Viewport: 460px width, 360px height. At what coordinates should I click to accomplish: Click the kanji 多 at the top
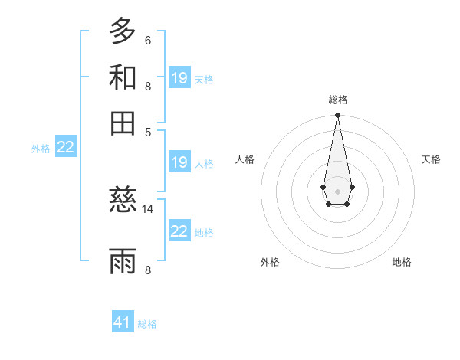[123, 31]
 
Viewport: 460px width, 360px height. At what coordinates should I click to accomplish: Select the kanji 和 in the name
[123, 77]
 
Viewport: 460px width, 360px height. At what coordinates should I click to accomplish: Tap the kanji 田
[123, 123]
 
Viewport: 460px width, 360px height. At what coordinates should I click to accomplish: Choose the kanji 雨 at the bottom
[123, 260]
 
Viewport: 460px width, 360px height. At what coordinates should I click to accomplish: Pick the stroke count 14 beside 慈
[148, 208]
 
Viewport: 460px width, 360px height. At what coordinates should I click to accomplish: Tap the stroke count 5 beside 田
[147, 132]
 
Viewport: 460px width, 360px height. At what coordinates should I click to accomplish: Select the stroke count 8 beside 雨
[147, 270]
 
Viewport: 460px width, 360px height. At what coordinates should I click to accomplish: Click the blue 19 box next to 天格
[179, 77]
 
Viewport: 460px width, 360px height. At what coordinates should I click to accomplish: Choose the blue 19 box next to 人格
[179, 162]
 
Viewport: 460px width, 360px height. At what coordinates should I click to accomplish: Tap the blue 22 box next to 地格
[179, 231]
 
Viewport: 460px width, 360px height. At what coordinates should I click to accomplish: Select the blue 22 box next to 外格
[65, 148]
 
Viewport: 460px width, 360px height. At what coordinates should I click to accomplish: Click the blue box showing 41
[123, 322]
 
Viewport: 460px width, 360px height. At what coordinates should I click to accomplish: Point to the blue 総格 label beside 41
[147, 324]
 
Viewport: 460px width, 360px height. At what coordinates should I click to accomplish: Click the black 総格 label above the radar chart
[338, 100]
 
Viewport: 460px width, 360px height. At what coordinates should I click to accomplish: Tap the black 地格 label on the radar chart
[402, 262]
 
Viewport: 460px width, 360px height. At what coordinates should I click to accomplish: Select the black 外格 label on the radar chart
[270, 262]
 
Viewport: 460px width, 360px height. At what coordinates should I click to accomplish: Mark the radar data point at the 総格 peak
[337, 116]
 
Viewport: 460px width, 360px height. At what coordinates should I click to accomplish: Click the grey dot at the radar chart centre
[337, 190]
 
